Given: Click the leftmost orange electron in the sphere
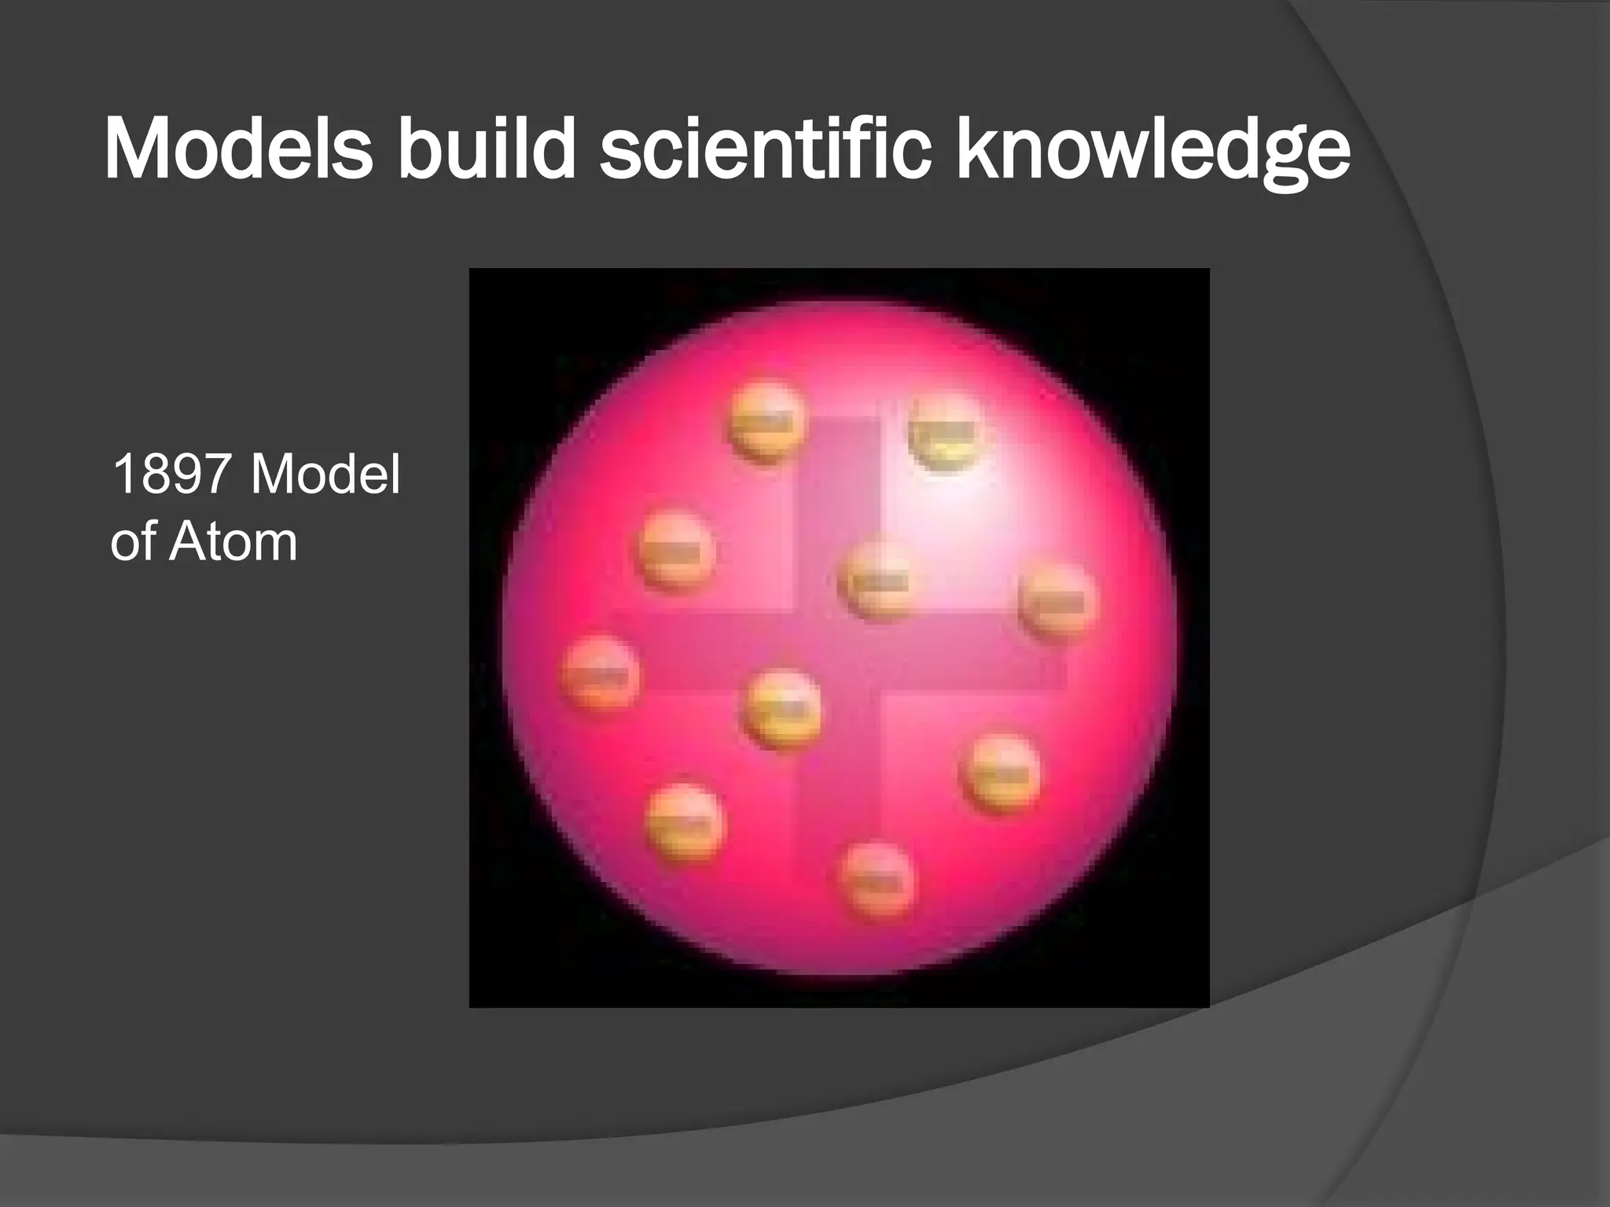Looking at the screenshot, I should (600, 673).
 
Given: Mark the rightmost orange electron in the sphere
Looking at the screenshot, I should (1057, 602).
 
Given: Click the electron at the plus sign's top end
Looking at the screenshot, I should (767, 422).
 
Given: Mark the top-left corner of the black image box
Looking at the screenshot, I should (470, 270).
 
